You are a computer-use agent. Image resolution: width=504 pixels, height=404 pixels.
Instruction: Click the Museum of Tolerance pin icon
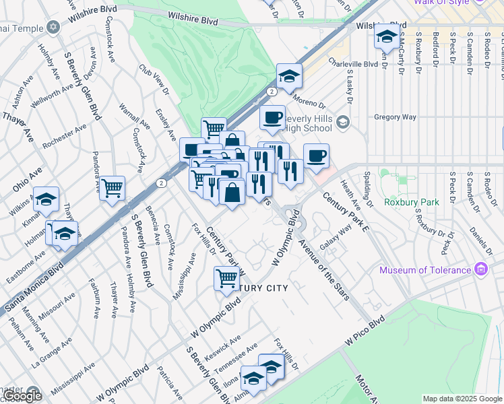[x=481, y=270]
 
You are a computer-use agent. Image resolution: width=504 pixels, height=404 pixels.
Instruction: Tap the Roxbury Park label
[x=411, y=202]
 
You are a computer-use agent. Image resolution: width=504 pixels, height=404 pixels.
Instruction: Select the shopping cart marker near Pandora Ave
[x=112, y=187]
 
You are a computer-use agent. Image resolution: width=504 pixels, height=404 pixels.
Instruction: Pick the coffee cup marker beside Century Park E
[x=316, y=156]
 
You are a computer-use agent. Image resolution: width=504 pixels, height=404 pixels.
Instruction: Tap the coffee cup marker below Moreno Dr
[x=272, y=118]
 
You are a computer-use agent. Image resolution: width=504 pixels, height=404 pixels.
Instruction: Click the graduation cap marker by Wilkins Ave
[x=46, y=199]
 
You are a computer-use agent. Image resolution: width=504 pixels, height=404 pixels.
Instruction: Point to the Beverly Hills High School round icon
[x=344, y=122]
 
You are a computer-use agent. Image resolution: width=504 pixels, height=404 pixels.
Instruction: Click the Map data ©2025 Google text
[x=462, y=399]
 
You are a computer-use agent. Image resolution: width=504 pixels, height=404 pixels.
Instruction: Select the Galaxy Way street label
[x=336, y=237]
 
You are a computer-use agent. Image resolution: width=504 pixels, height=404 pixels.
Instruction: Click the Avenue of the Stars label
[x=324, y=270]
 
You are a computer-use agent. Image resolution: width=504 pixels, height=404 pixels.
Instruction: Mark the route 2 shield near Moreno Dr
[x=271, y=91]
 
